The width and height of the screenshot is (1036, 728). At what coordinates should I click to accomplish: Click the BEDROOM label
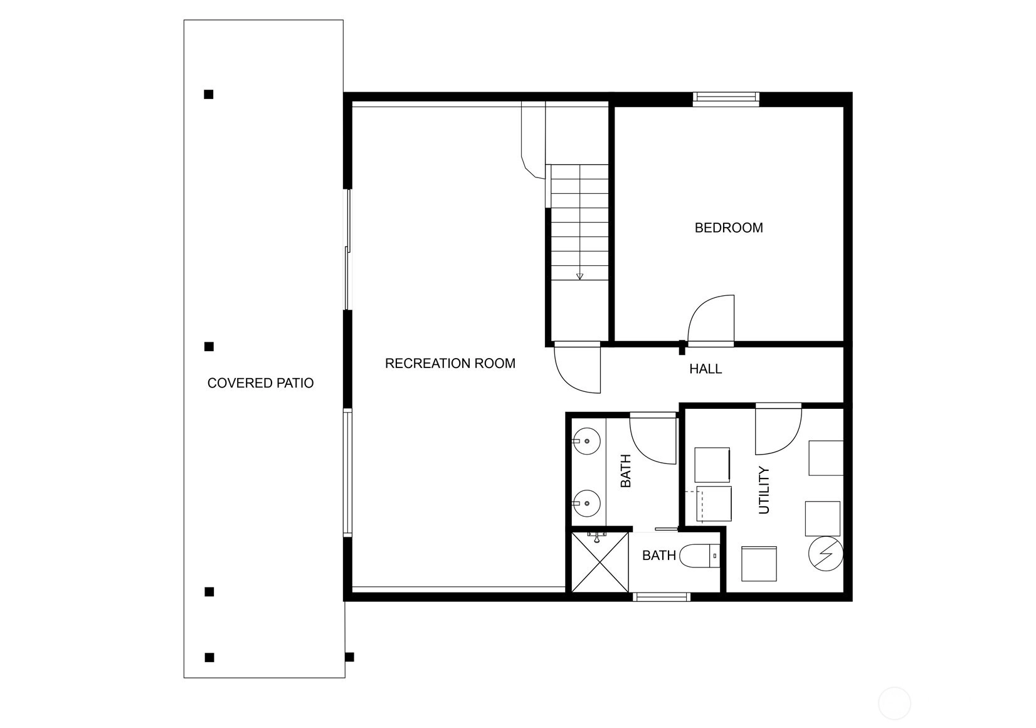tap(729, 228)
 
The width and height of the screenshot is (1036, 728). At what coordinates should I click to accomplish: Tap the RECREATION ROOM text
tap(450, 364)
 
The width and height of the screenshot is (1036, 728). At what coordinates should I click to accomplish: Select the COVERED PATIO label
tap(260, 383)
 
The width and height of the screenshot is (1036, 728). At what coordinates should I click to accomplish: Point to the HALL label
tap(706, 369)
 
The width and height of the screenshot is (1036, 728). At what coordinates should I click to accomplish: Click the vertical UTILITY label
tap(764, 490)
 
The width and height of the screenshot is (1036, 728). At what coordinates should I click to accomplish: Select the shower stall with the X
tap(600, 562)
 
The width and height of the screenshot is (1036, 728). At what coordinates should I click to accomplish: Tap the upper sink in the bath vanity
tap(586, 441)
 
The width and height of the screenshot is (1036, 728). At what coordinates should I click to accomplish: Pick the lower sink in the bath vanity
tap(586, 504)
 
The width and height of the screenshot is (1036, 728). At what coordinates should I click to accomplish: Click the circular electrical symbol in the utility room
tap(825, 554)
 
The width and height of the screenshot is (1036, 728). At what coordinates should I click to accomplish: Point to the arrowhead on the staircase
tap(579, 276)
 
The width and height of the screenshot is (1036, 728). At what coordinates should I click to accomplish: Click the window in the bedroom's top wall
tap(726, 99)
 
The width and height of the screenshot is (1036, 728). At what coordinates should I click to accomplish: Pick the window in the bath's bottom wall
tap(662, 597)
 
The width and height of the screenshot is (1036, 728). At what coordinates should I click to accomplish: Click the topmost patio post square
tap(209, 94)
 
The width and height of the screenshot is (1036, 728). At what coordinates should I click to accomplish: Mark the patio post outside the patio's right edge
tap(349, 657)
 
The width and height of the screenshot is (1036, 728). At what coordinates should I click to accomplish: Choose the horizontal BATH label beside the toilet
tap(659, 556)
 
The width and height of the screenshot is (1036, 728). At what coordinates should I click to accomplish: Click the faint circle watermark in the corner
tap(894, 704)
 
